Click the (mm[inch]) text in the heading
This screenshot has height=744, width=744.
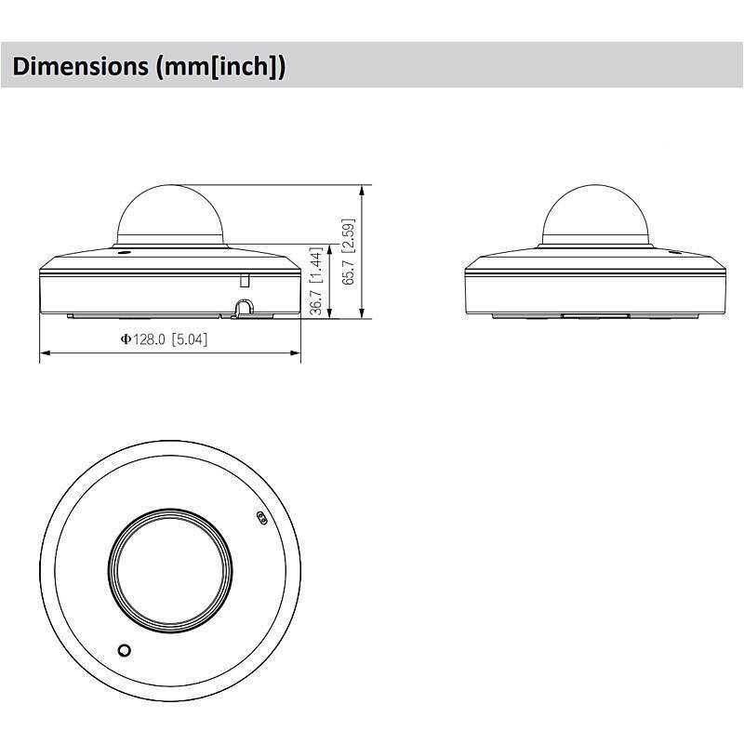click(220, 66)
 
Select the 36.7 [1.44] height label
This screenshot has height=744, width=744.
click(317, 282)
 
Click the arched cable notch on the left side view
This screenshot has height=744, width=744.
click(243, 306)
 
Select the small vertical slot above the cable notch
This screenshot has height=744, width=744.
click(245, 279)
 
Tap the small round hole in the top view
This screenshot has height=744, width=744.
click(124, 649)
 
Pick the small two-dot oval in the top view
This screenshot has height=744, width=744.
click(261, 517)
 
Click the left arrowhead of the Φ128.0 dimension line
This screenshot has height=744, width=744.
click(44, 353)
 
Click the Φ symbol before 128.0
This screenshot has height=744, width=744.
click(125, 339)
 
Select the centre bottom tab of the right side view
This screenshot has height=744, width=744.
click(596, 316)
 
